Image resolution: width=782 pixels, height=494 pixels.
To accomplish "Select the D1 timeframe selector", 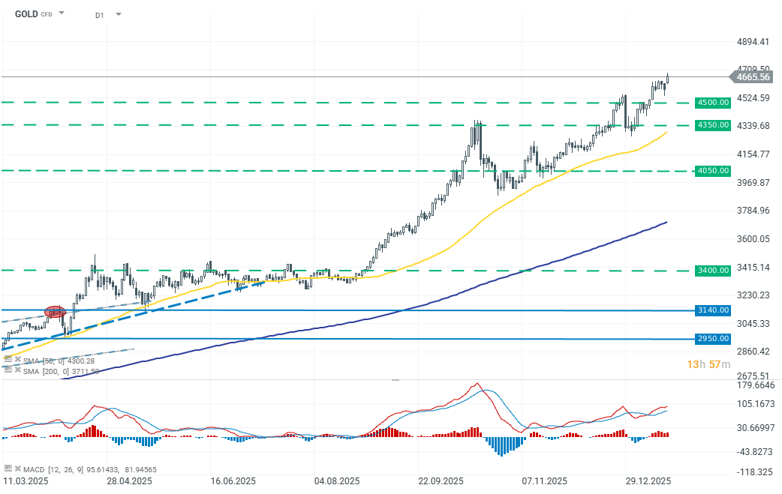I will [x=100, y=14].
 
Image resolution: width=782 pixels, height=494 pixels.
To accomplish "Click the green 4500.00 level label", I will [x=713, y=102].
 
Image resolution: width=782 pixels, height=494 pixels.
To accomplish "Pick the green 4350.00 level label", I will [x=713, y=124].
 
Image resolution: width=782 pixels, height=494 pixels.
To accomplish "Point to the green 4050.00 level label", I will [x=713, y=171].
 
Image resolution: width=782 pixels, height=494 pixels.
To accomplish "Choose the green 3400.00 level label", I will [x=713, y=270].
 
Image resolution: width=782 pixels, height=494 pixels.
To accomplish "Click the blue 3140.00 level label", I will [x=713, y=310].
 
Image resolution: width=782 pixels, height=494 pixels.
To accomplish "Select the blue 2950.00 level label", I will [x=713, y=339].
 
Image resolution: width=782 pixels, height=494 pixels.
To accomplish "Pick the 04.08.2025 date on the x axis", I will [x=336, y=481].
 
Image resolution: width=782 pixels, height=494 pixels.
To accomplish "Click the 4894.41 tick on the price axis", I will [x=753, y=41].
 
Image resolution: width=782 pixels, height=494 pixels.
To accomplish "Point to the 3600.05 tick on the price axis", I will [x=753, y=239].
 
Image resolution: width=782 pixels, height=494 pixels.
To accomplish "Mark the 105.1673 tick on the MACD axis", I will [x=756, y=405].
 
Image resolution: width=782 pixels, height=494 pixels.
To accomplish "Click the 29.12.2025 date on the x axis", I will [x=647, y=481].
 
